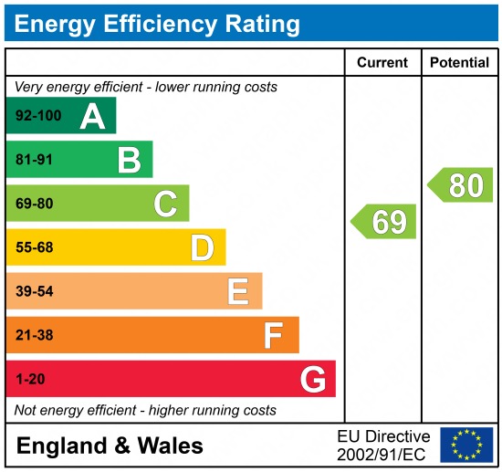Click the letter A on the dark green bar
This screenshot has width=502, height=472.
pyautogui.click(x=92, y=116)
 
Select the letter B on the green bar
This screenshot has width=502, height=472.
pyautogui.click(x=129, y=160)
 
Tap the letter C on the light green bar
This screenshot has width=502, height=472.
pyautogui.click(x=165, y=204)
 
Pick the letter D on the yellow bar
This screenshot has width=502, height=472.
pyautogui.click(x=202, y=247)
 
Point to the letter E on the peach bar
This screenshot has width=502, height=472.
pyautogui.click(x=238, y=291)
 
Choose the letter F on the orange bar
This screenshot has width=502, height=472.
pyautogui.click(x=274, y=335)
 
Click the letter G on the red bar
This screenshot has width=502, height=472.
pyautogui.click(x=313, y=379)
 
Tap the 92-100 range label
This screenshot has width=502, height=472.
pyautogui.click(x=37, y=116)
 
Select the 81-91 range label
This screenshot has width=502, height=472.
pyautogui.click(x=35, y=160)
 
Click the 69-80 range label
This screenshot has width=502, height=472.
pyautogui.click(x=35, y=204)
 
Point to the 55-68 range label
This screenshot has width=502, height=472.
pyautogui.click(x=35, y=247)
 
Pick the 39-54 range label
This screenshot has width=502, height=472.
pyautogui.click(x=35, y=291)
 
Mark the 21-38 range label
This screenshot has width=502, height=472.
pyautogui.click(x=35, y=335)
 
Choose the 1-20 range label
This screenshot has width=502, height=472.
pyautogui.click(x=30, y=379)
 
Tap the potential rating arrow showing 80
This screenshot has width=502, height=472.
pyautogui.click(x=462, y=185)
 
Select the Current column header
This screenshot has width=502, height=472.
pyautogui.click(x=382, y=63)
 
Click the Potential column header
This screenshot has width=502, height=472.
pyautogui.click(x=459, y=63)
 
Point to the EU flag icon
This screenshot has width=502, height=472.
pyautogui.click(x=465, y=445)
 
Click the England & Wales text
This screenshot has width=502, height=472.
pyautogui.click(x=110, y=446)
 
